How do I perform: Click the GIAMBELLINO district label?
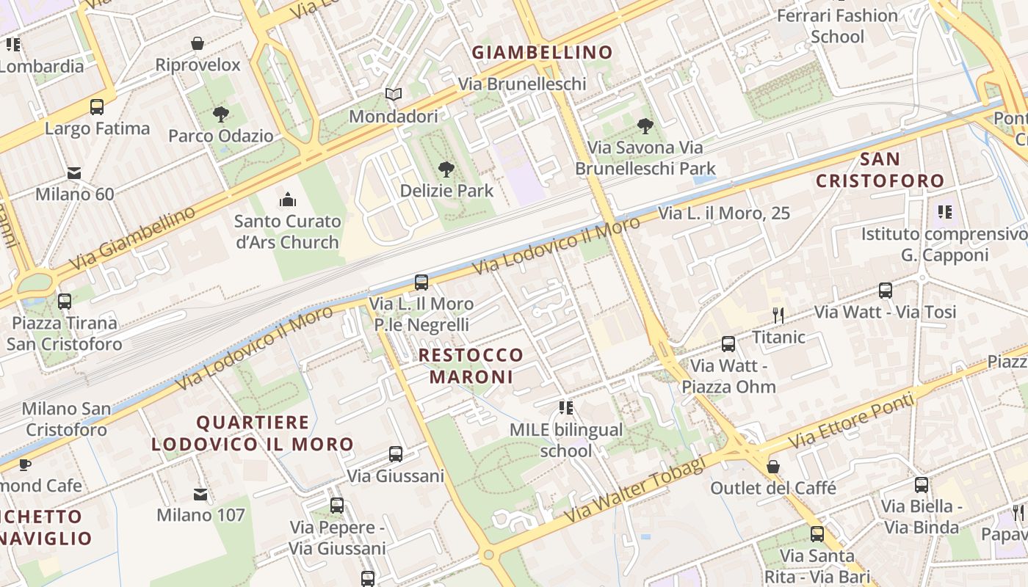point(542,52)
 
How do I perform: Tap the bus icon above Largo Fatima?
point(97,107)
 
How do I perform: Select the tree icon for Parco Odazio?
point(220,114)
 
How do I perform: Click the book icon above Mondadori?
point(394,95)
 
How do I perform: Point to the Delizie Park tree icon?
point(446,170)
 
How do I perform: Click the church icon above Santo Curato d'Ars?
point(288,200)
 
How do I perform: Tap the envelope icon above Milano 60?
point(74,173)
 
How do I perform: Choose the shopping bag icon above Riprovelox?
point(198,44)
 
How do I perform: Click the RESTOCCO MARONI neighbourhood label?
point(471,366)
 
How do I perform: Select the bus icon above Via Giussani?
point(396,454)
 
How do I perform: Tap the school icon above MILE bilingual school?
point(565,407)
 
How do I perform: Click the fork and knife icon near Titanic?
point(778,316)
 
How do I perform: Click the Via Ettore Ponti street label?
point(852,421)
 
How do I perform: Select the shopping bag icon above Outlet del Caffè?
point(773,467)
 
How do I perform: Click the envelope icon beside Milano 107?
point(200,494)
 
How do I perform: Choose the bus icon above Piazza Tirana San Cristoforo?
point(65,301)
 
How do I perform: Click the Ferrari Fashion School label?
point(837,26)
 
